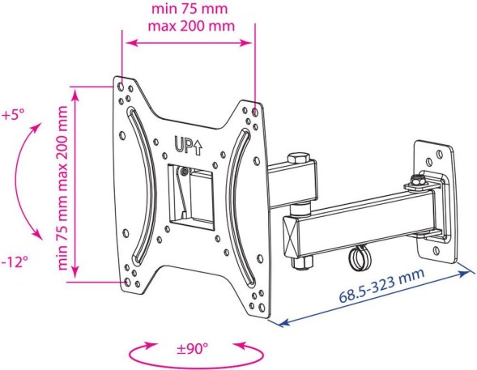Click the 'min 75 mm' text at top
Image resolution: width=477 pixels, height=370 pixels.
tap(190, 9)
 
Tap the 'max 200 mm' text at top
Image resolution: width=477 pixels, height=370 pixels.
tap(191, 26)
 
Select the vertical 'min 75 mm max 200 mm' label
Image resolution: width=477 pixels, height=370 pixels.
tap(62, 188)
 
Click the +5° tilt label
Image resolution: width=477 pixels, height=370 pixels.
tap(12, 115)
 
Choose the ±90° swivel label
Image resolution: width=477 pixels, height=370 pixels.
tap(192, 348)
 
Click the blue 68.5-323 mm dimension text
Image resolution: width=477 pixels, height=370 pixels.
tap(381, 285)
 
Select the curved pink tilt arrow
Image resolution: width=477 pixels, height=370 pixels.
tap(15, 180)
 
